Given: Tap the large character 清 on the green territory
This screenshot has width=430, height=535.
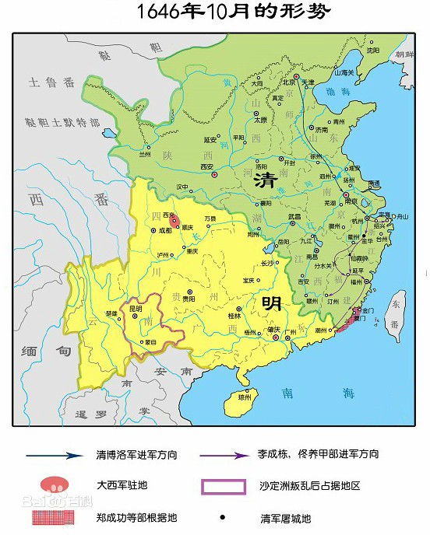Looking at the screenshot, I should (x=266, y=181).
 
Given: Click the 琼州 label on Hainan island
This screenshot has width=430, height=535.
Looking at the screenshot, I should (x=245, y=398).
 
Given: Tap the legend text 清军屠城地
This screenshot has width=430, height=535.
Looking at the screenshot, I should (x=286, y=516).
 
